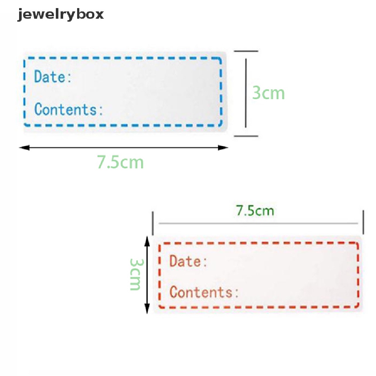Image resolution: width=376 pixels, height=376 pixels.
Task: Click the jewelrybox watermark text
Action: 61,15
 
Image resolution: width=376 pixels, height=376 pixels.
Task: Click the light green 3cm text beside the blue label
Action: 268,93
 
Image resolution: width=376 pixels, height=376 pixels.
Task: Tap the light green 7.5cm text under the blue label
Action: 120,162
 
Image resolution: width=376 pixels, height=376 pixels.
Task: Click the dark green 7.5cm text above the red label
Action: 255,211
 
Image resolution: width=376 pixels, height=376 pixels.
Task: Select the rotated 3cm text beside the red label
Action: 135,274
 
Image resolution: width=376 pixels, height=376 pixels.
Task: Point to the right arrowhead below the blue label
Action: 223,148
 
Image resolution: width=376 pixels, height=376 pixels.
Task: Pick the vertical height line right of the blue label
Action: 246,93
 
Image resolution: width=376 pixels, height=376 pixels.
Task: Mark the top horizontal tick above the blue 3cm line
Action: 246,51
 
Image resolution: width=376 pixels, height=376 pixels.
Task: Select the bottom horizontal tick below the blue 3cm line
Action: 246,136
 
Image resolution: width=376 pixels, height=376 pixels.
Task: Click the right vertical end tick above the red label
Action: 363,222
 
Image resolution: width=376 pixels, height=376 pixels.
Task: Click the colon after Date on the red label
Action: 205,262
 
